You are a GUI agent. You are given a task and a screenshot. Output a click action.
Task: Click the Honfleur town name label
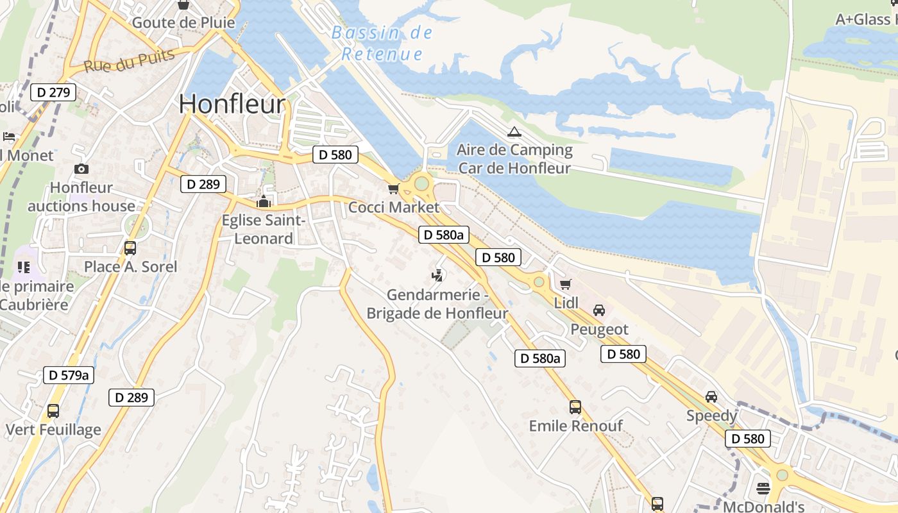232,104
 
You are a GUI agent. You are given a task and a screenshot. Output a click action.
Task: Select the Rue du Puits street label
129,61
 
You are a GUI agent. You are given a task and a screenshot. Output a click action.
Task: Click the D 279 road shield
53,92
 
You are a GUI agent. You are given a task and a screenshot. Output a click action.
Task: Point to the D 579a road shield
69,375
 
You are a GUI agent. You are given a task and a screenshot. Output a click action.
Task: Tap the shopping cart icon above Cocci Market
393,189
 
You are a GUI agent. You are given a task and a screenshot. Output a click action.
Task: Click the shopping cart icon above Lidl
565,284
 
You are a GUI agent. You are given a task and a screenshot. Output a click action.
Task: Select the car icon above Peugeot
599,310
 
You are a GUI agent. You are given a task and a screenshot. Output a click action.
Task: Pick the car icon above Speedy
711,397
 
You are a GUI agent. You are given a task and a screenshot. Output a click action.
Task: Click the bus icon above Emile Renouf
575,407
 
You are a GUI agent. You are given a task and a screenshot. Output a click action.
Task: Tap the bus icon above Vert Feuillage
53,410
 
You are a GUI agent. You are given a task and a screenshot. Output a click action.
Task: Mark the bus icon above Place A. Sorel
130,248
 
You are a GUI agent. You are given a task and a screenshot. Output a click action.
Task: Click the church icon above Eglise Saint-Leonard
264,201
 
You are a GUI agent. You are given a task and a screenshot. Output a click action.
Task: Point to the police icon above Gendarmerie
437,276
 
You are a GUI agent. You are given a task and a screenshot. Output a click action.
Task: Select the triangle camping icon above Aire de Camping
514,132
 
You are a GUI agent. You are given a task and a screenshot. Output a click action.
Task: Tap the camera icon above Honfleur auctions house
81,169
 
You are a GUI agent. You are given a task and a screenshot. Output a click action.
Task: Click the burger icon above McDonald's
763,489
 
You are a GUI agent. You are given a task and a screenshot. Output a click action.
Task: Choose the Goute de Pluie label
183,23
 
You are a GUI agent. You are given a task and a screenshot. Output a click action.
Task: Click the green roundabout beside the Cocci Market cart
421,184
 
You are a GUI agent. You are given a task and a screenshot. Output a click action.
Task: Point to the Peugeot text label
600,330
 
